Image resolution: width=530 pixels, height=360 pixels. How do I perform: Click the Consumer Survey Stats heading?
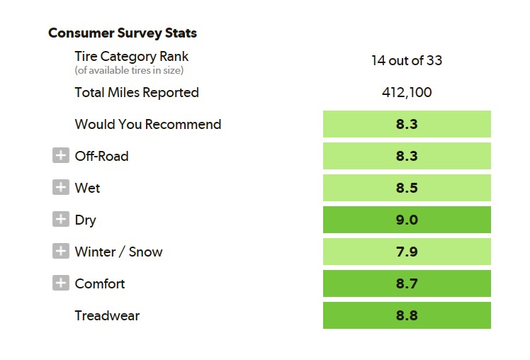(123, 33)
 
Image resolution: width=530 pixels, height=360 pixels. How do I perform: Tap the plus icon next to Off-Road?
(61, 155)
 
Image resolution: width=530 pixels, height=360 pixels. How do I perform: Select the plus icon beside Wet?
(61, 187)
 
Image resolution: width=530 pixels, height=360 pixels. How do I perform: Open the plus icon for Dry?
(61, 219)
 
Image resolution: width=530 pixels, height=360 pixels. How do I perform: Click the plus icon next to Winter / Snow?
(61, 251)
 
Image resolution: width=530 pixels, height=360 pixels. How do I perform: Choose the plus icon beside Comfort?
(61, 283)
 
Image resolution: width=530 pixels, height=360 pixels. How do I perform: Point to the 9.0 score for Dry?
(407, 220)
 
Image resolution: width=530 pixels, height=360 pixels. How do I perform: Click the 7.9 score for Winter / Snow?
(407, 252)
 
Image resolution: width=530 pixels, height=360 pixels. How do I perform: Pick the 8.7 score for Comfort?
(407, 283)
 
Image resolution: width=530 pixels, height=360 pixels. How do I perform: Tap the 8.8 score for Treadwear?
(407, 315)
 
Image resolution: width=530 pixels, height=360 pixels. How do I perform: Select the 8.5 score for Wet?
(407, 188)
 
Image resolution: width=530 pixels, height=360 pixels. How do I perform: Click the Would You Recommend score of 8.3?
(407, 124)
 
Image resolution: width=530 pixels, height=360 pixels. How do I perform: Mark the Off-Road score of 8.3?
(407, 156)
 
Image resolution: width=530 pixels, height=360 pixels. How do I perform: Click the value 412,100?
(407, 92)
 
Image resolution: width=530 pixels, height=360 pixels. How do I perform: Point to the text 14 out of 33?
(407, 60)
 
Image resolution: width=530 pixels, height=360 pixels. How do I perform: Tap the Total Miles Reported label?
(137, 92)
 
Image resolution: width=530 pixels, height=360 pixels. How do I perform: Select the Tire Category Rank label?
(132, 57)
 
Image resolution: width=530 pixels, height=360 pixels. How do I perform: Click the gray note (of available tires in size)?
(129, 70)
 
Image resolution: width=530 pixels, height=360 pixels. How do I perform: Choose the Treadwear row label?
(107, 316)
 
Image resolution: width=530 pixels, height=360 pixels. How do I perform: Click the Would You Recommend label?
(148, 125)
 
